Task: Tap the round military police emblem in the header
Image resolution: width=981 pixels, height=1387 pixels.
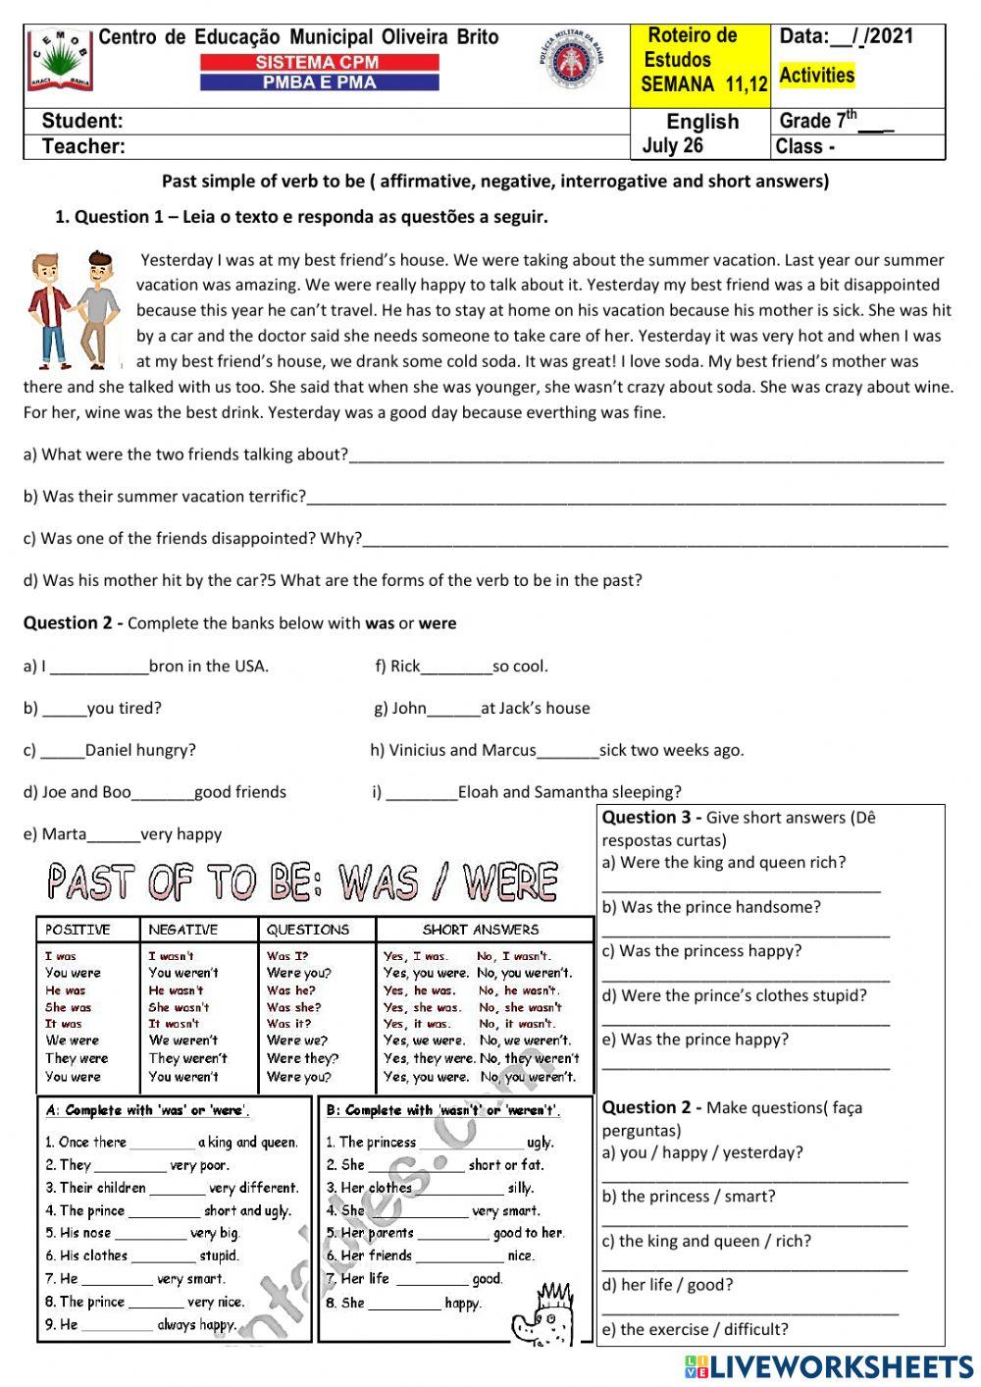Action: (571, 63)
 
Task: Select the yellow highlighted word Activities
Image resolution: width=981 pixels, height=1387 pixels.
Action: (816, 76)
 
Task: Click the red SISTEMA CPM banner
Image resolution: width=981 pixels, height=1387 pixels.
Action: (319, 62)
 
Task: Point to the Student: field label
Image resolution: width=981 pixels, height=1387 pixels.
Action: (82, 122)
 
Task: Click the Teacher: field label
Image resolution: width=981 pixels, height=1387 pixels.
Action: (83, 147)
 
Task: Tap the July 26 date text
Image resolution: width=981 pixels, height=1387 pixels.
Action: (673, 146)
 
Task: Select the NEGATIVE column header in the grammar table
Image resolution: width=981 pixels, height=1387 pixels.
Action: (183, 930)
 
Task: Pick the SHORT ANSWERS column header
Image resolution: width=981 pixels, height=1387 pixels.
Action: (481, 930)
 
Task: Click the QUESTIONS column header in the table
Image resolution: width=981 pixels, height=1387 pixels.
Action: (308, 930)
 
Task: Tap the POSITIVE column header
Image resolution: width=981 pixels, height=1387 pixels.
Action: (77, 930)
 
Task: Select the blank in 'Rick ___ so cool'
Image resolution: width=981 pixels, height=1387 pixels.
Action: (456, 667)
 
